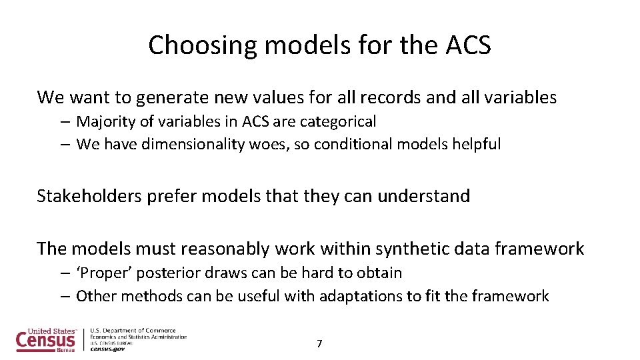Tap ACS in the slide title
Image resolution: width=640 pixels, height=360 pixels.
coord(467,45)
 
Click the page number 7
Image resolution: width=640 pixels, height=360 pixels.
coord(319,344)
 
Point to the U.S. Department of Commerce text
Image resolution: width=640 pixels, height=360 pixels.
coord(133,331)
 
